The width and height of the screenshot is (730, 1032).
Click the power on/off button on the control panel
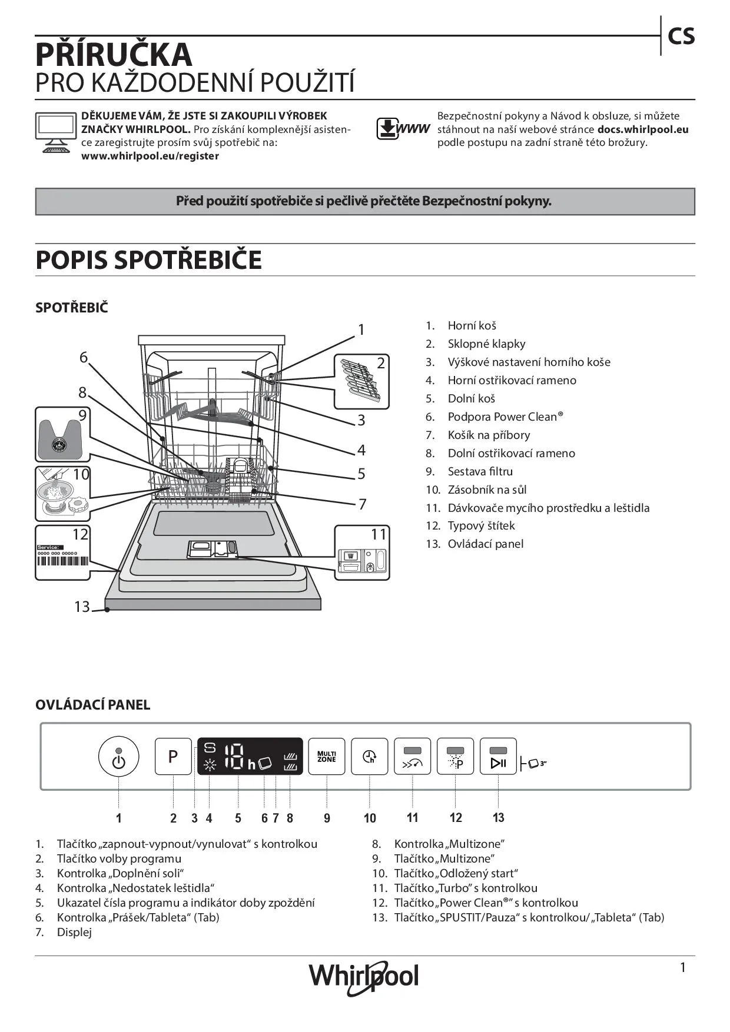click(118, 757)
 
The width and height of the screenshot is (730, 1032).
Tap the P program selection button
click(173, 756)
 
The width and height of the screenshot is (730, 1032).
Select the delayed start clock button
click(369, 757)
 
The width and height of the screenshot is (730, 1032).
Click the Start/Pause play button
click(498, 757)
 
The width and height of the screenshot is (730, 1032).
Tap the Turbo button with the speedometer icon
click(412, 757)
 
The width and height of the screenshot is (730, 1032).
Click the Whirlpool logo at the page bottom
click(364, 976)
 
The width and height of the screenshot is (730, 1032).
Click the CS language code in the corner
click(681, 36)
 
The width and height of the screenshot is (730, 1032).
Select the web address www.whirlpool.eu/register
click(150, 156)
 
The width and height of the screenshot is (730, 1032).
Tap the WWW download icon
click(403, 128)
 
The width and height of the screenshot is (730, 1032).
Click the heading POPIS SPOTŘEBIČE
click(148, 260)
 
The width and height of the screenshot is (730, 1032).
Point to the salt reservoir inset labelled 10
click(62, 493)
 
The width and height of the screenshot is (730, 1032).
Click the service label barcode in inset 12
click(62, 561)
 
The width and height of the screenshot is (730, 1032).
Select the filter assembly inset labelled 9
click(62, 434)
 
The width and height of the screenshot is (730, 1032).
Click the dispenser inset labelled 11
click(362, 553)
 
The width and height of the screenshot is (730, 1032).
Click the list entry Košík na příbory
click(489, 435)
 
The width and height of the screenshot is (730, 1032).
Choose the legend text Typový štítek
click(481, 525)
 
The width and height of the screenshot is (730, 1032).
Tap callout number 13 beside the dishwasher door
click(82, 606)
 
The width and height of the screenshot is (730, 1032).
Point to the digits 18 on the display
click(234, 756)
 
